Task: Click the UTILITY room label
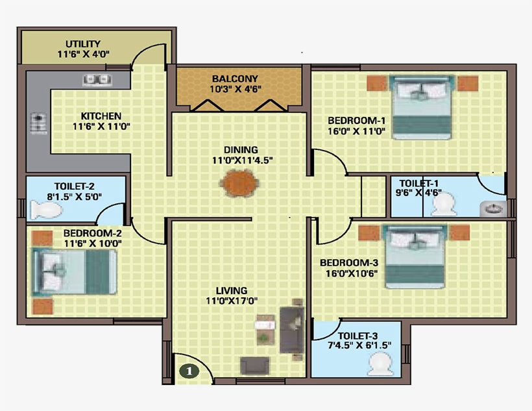coord(82,44)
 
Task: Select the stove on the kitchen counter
coord(38,121)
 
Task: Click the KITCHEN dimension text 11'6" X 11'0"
coord(101,127)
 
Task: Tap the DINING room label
coord(241,150)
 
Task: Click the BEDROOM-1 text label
coord(356,121)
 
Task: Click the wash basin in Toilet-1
coord(493,208)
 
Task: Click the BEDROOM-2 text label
coord(93,232)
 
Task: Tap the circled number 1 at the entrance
coord(188,371)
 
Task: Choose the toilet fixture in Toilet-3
coord(381,366)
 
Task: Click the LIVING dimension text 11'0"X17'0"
coord(233,301)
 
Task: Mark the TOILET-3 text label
coord(353,336)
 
